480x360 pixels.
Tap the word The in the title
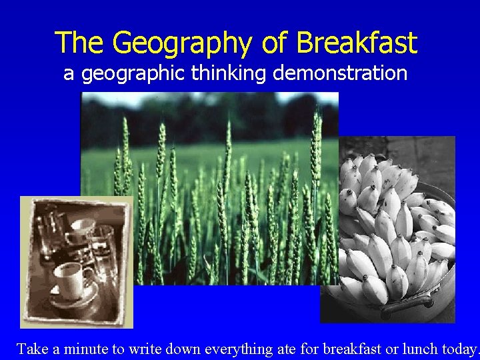coord(80,43)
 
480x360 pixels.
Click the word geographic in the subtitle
coord(133,73)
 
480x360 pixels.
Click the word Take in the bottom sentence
coord(31,349)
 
